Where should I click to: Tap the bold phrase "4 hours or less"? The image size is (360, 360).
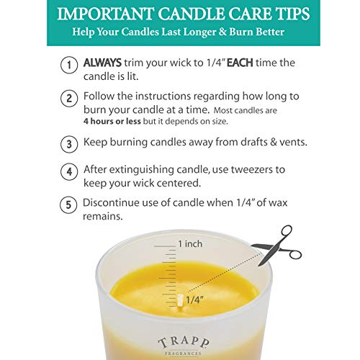[x=114, y=122]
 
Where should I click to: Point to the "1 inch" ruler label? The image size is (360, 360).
[x=190, y=243]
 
